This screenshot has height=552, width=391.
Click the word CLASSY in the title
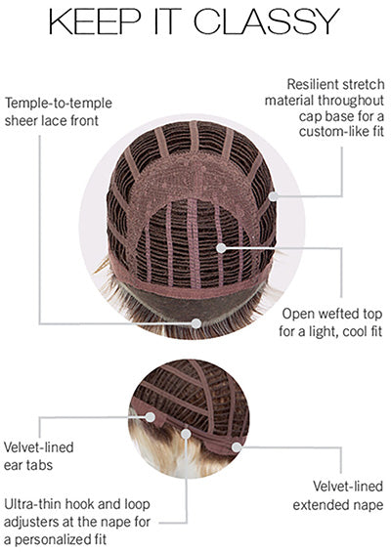coord(266,21)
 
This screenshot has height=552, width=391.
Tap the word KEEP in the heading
coord(95,21)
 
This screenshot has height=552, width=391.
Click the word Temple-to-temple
coord(59,104)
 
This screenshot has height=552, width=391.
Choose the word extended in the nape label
coord(318,505)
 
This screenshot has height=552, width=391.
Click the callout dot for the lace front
coord(196,323)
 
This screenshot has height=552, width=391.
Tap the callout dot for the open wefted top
coord(221,248)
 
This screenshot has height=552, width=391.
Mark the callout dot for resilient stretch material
coord(274,196)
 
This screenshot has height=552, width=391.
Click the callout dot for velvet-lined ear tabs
coord(151,417)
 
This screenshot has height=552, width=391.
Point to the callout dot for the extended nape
coord(237,447)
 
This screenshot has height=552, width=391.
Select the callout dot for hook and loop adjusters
coord(186,434)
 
